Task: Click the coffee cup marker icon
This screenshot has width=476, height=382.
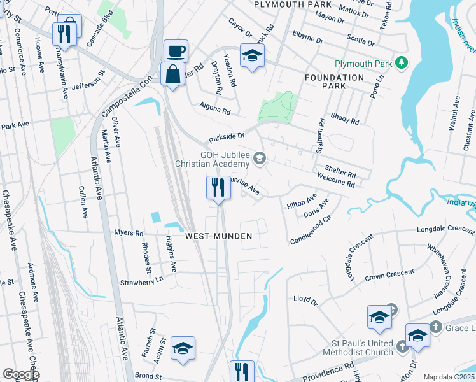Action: (x=176, y=50)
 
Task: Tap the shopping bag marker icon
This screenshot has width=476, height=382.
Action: (x=172, y=73)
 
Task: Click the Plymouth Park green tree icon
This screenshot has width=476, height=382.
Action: (x=401, y=62)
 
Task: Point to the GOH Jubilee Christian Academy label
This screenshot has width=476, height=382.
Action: (x=227, y=159)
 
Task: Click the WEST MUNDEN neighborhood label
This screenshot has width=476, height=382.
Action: (x=219, y=236)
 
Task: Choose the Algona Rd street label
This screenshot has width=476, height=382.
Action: (x=214, y=110)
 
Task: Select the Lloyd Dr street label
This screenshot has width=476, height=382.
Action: (x=305, y=299)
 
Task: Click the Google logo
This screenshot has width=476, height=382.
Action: (x=21, y=374)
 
